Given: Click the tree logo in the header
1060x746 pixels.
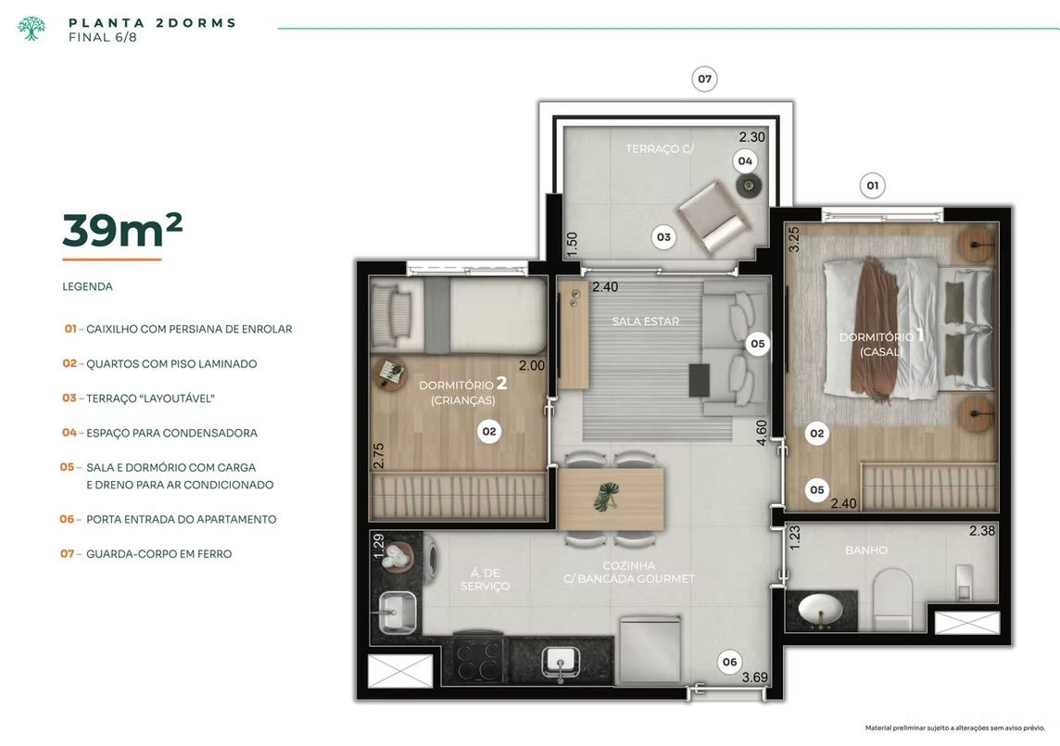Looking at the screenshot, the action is (32, 29).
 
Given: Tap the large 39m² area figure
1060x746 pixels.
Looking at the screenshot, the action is (122, 230).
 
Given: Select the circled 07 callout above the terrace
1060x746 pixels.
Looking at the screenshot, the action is (704, 79).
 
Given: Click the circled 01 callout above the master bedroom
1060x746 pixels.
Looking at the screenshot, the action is (872, 186).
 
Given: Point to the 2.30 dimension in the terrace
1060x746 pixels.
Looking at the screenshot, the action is (751, 137).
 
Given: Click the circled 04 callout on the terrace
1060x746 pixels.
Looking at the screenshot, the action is (745, 161).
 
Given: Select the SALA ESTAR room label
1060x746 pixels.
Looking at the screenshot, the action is (646, 322).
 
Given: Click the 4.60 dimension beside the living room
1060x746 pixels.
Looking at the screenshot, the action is (762, 433).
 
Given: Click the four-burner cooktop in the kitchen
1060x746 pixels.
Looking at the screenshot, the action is (479, 659).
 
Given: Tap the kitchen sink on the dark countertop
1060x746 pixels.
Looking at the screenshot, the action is (560, 661).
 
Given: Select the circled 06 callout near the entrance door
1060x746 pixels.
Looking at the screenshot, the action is (729, 663).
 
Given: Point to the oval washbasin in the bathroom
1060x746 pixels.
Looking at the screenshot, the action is (820, 610).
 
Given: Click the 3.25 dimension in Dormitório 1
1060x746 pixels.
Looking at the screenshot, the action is (794, 239).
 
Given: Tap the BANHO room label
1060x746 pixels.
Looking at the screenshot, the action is (866, 550).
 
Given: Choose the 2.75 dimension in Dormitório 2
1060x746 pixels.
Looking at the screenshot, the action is (379, 456).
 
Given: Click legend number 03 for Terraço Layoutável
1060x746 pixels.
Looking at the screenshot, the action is (69, 398).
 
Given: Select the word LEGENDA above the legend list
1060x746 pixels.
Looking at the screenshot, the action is (87, 286).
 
